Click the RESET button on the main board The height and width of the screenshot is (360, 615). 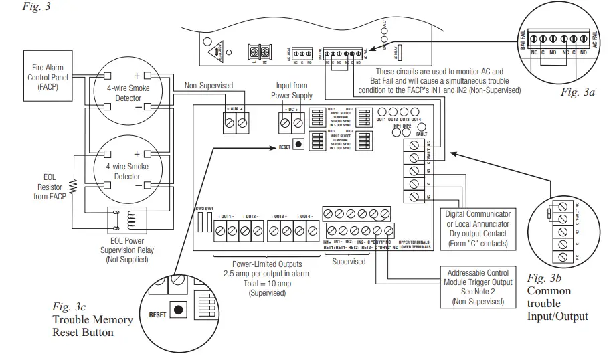coord(297,144)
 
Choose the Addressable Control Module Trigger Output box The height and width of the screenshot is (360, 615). coord(477,287)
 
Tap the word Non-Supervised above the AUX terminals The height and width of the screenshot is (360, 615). coord(208,86)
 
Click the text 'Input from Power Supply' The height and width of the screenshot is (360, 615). coord(292,90)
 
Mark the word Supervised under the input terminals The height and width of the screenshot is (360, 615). coord(349,262)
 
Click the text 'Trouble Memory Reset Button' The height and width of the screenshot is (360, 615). coord(92,325)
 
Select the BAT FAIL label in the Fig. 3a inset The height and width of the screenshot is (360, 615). coord(522,39)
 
